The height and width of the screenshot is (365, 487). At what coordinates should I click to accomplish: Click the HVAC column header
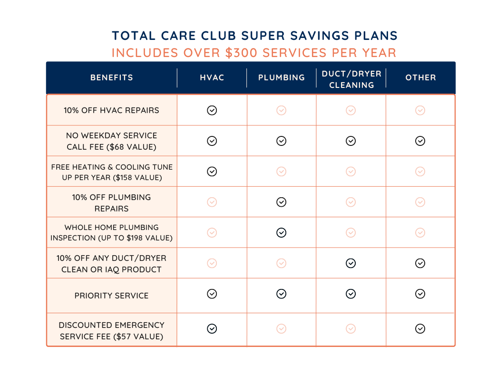tap(212, 77)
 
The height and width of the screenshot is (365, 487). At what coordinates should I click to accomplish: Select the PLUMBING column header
tap(282, 77)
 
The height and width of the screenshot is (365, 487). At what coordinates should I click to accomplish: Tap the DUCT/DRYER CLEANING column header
tap(351, 79)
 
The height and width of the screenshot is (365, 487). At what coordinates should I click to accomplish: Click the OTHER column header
tap(420, 77)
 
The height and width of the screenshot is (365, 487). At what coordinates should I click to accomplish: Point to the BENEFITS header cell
tap(112, 77)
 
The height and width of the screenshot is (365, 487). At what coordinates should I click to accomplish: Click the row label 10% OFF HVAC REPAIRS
tap(112, 110)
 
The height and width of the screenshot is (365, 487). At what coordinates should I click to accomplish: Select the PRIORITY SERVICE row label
tap(112, 296)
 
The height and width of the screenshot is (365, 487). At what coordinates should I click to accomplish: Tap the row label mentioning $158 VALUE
tap(112, 172)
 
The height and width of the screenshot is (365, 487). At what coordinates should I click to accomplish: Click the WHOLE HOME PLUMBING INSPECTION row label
tap(112, 232)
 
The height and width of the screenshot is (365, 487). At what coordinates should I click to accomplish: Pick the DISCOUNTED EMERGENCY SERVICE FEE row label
tap(112, 331)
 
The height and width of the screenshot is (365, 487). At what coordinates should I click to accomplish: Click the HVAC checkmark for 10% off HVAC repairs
tap(212, 110)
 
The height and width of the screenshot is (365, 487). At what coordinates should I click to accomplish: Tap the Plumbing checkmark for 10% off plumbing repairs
tap(282, 202)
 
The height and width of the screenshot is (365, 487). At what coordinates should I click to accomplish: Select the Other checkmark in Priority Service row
tap(420, 294)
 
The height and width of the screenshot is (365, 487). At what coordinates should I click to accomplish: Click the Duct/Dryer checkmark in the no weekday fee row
tap(351, 141)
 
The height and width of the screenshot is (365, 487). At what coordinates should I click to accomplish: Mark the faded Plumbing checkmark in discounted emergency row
tap(282, 328)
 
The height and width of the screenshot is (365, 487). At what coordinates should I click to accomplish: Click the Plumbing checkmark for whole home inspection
tap(282, 232)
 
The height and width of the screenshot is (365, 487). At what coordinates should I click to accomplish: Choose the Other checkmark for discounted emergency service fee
tap(420, 328)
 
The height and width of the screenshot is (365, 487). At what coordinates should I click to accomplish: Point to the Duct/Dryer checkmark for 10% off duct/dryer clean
tap(351, 263)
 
